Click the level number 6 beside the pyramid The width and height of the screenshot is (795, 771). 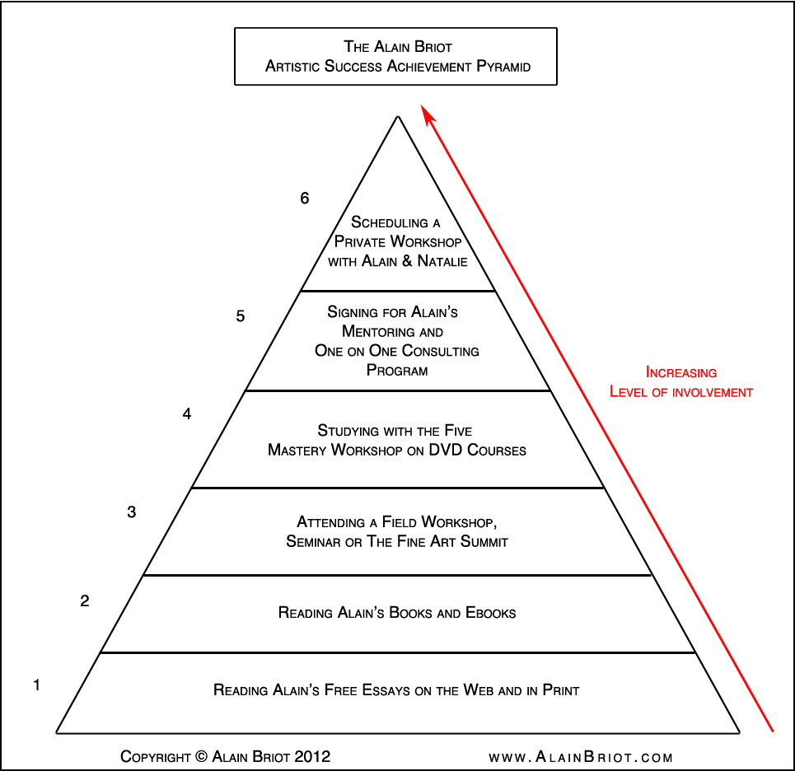coord(305,199)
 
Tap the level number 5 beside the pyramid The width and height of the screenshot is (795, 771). coord(241,316)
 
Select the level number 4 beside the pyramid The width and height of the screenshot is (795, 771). coord(187,414)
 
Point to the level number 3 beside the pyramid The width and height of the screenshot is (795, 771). coord(132,512)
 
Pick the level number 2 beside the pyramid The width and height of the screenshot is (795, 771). coord(85,601)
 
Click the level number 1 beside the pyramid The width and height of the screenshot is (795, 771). coord(36,685)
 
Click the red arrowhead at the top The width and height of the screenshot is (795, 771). coord(426,114)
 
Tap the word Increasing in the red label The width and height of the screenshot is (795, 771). coord(680,372)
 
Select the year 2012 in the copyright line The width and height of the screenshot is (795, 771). coord(314,756)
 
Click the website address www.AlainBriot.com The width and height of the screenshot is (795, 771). coord(581,757)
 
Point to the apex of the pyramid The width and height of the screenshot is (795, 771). coord(398,117)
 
